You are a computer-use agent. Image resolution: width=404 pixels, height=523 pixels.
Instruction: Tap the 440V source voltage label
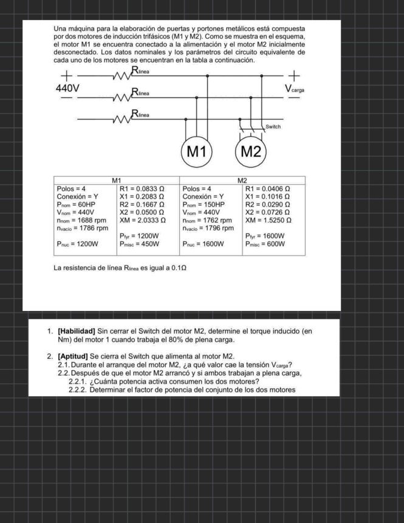pos(67,89)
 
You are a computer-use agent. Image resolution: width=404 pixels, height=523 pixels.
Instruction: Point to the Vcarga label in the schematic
pos(294,89)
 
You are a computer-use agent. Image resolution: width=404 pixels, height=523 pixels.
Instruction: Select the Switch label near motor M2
pos(273,127)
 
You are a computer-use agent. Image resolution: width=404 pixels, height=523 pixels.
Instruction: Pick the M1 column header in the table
pos(117,180)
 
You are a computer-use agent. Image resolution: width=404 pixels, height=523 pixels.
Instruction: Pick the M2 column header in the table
pos(242,180)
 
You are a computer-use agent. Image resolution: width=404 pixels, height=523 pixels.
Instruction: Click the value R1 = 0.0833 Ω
pos(142,189)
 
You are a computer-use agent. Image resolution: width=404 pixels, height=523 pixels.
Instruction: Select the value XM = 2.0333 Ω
pos(143,220)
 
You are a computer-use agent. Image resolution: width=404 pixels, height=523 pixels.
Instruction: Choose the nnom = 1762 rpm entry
pos(207,220)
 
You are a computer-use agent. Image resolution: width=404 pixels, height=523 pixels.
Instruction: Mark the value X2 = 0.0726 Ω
pos(267,213)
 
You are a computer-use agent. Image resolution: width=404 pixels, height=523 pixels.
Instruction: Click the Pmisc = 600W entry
pos(265,244)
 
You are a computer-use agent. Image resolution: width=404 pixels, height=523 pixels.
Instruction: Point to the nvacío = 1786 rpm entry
pos(83,228)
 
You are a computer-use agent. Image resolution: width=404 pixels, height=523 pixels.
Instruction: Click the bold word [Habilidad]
pos(77,332)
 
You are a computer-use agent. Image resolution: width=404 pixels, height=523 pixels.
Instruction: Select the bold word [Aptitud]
pos(73,357)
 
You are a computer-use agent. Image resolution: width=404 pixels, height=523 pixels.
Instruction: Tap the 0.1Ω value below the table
pos(179,268)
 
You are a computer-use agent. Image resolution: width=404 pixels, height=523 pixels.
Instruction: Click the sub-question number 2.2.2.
pos(78,390)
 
